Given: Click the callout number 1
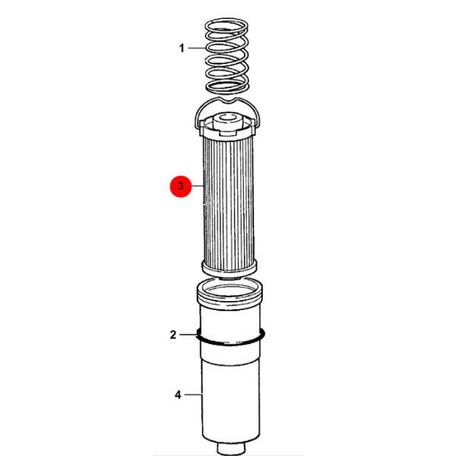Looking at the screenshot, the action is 182,48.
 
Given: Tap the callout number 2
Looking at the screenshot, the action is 173,334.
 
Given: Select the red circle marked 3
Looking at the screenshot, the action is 181,186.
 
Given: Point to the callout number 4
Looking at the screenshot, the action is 178,394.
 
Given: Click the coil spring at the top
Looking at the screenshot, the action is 226,55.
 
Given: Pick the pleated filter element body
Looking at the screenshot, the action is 229,204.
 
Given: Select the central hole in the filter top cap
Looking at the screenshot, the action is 228,117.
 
